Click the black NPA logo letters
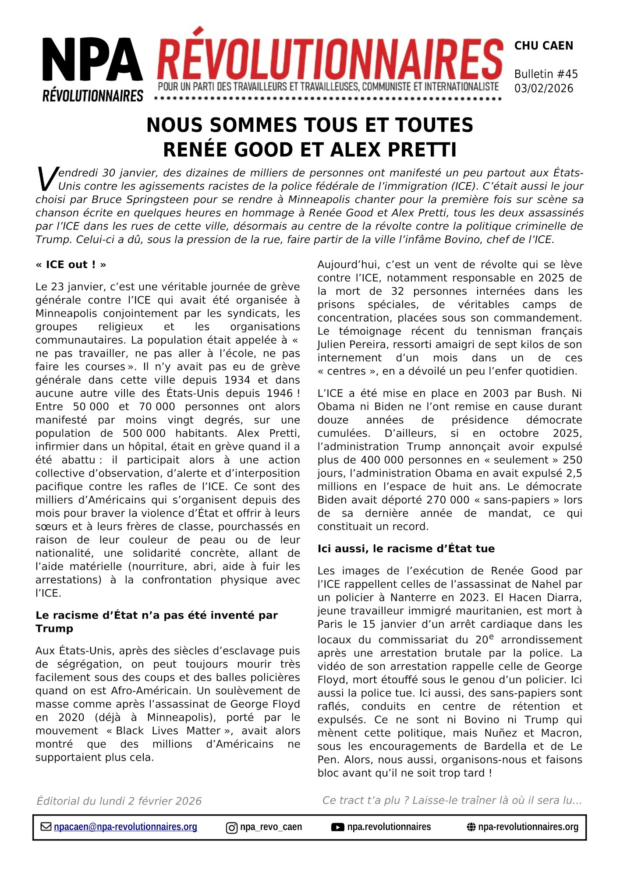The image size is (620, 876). [92, 59]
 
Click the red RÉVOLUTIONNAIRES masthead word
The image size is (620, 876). [329, 60]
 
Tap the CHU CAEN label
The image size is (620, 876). [543, 46]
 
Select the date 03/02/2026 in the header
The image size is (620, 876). [543, 88]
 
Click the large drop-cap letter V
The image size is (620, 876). [46, 179]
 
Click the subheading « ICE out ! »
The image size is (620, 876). [71, 265]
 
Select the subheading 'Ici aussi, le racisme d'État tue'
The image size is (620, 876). [406, 549]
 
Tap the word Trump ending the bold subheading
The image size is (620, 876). [54, 629]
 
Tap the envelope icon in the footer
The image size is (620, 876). [46, 827]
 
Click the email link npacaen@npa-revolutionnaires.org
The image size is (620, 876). [125, 827]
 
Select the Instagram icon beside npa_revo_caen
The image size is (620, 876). [231, 827]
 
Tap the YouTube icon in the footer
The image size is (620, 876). [337, 827]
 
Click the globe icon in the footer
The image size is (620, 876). [471, 827]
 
